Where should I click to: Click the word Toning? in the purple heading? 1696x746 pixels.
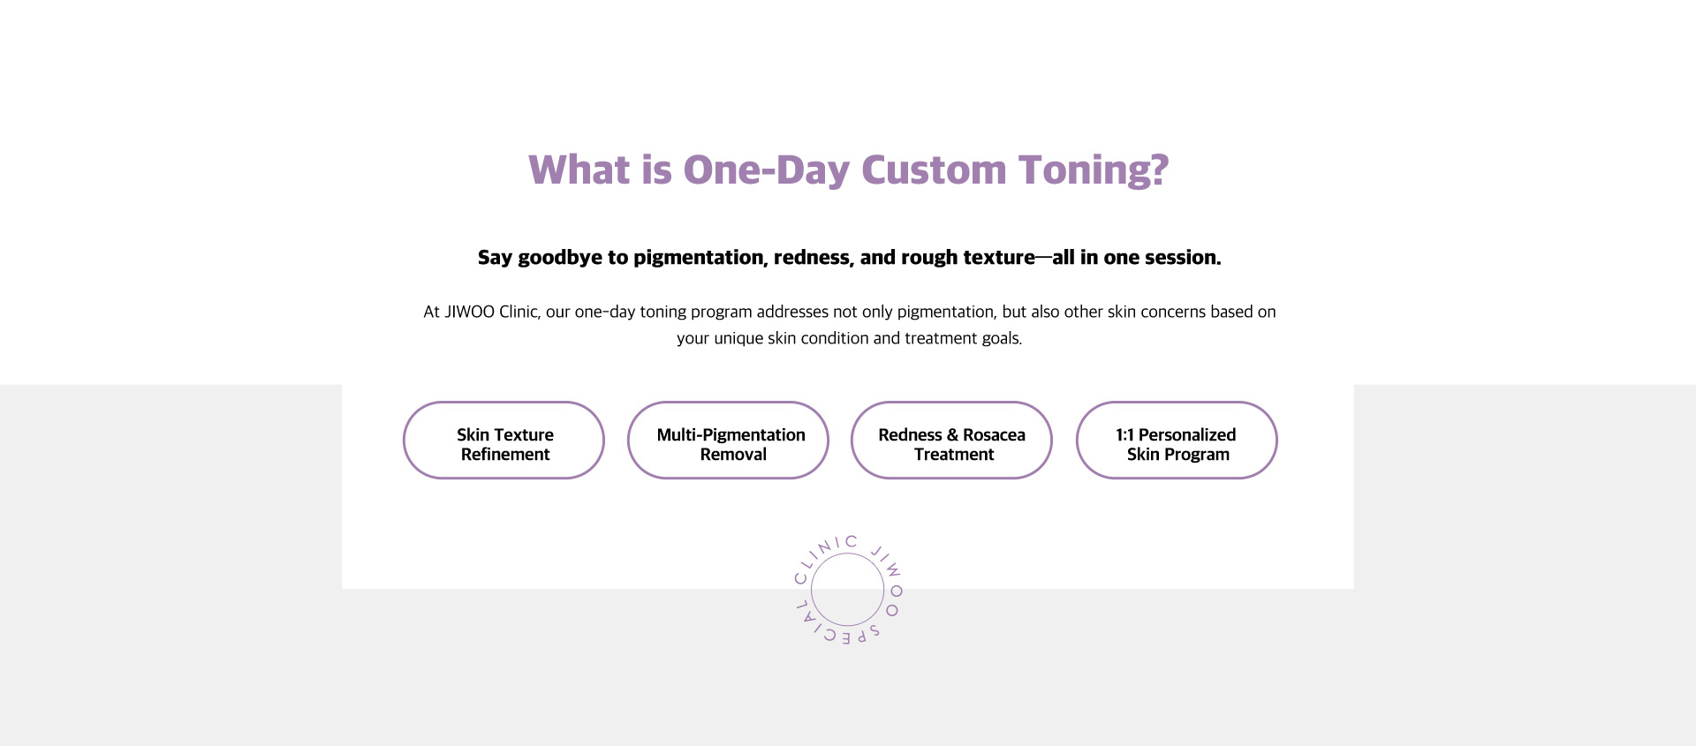pyautogui.click(x=1094, y=170)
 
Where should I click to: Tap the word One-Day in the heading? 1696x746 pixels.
pyautogui.click(x=767, y=170)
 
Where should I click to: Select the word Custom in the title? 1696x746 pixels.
pyautogui.click(x=934, y=170)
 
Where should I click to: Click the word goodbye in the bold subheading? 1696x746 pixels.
pyautogui.click(x=560, y=258)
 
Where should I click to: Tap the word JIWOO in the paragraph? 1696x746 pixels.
pyautogui.click(x=469, y=312)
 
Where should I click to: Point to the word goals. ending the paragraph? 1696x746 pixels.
pyautogui.click(x=1002, y=339)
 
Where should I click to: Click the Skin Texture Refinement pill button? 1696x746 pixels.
pyautogui.click(x=503, y=441)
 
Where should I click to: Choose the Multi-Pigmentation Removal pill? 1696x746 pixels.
pyautogui.click(x=728, y=441)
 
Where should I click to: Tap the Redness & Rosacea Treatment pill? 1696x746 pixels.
pyautogui.click(x=951, y=441)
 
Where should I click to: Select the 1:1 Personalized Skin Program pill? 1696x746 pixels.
pyautogui.click(x=1177, y=441)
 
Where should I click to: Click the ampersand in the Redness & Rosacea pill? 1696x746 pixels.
pyautogui.click(x=951, y=435)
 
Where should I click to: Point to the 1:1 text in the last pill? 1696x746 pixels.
pyautogui.click(x=1124, y=435)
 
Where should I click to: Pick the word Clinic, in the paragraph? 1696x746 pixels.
pyautogui.click(x=519, y=312)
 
